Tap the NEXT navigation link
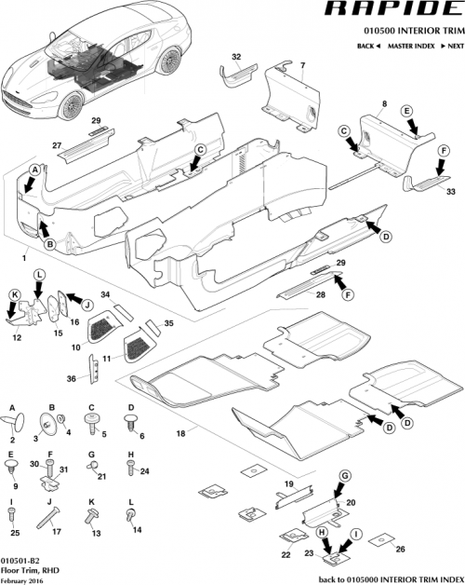[453, 46]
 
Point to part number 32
[235, 58]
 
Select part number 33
[452, 192]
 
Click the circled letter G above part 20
[344, 476]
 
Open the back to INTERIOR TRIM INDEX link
[390, 578]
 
